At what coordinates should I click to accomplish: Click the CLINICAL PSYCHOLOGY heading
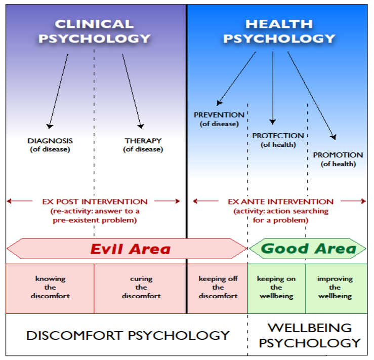click(94, 31)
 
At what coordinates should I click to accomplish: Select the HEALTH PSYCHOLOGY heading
click(279, 31)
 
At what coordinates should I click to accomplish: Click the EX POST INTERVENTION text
click(95, 202)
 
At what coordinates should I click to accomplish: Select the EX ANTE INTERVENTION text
click(280, 202)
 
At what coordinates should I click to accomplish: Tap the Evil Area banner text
click(130, 249)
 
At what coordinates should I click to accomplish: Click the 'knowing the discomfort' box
click(50, 287)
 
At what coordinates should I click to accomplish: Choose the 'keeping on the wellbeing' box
click(276, 287)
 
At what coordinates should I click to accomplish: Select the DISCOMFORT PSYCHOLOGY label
click(128, 335)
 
